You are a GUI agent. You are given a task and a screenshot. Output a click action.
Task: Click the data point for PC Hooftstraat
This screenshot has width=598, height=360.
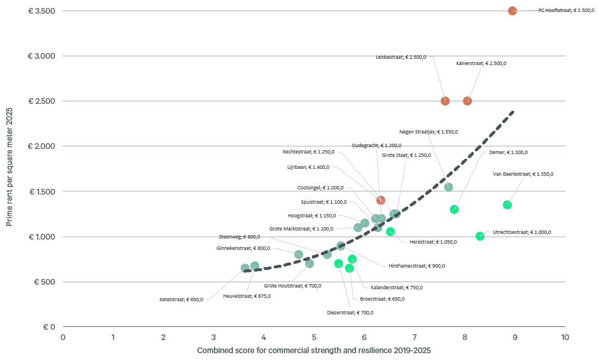pos(512,11)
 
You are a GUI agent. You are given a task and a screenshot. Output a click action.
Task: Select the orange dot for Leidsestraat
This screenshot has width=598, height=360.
pos(445,101)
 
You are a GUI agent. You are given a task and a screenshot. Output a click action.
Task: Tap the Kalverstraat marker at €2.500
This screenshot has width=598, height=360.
pos(467,101)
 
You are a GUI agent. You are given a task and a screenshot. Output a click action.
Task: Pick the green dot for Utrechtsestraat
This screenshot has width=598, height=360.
pos(480,236)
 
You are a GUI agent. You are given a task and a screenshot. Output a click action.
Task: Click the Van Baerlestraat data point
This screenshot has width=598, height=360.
pos(507,205)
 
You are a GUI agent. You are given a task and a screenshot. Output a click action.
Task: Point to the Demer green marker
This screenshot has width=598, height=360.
pos(454,209)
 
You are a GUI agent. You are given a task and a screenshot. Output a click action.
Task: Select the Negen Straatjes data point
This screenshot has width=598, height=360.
pos(449,187)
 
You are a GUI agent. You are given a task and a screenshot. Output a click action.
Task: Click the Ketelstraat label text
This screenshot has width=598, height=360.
pos(181,300)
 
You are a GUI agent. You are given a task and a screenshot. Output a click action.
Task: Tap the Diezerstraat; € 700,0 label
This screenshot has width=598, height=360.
pos(350,313)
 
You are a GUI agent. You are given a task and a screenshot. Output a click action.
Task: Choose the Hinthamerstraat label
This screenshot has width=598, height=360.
pos(416,266)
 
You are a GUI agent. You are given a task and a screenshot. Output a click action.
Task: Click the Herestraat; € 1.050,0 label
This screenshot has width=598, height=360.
pos(433,242)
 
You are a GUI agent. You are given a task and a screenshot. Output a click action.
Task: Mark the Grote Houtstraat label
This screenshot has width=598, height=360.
pos(292,286)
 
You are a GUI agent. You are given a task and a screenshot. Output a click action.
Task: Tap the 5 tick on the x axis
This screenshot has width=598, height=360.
pos(314,337)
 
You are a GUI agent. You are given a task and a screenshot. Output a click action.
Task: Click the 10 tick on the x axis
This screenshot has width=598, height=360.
pos(565,337)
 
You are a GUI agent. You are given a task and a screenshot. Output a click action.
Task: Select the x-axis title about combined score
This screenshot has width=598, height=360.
pos(314,350)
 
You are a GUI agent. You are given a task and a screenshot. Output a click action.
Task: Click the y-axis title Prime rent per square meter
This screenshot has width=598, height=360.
pos(10,169)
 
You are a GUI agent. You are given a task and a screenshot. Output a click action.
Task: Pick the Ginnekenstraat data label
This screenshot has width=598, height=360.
pos(243,248)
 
